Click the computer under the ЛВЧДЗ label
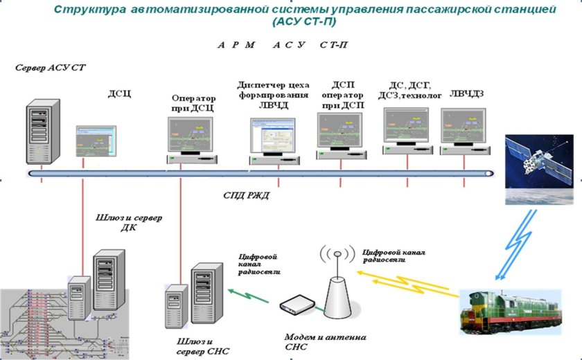coord(466,132)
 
